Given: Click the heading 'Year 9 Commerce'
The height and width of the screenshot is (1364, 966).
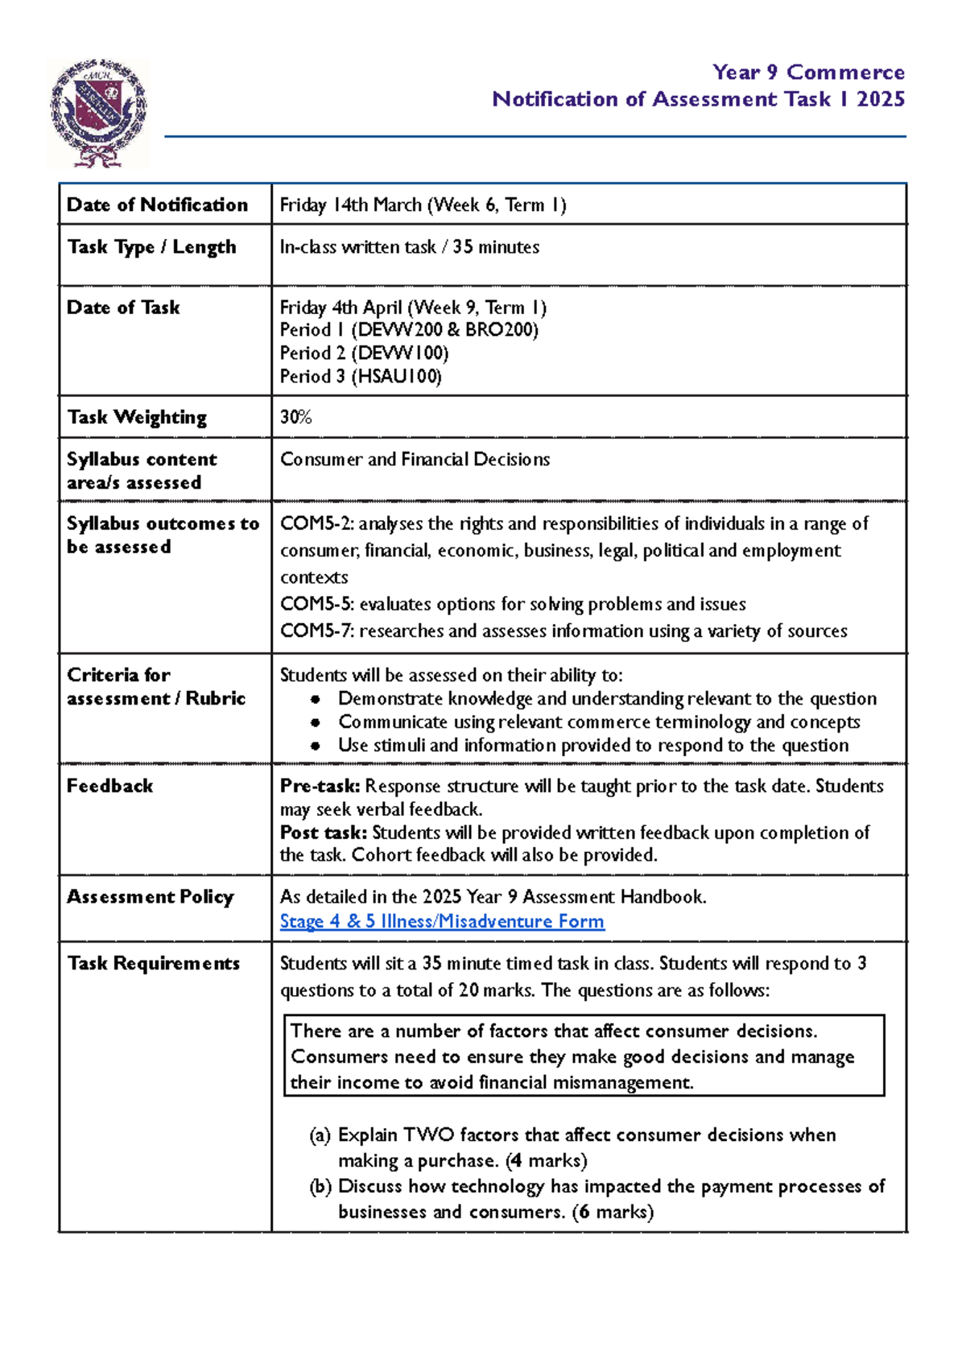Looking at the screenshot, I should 807,72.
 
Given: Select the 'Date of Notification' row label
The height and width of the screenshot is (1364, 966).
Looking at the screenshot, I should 157,205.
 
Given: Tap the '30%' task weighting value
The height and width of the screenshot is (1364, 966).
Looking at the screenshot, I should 295,417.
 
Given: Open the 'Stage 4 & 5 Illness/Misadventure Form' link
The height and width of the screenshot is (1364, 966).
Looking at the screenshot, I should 442,921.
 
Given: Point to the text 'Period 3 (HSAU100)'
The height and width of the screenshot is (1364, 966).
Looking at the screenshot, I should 361,377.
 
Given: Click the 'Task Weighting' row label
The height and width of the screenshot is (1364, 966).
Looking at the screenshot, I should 137,417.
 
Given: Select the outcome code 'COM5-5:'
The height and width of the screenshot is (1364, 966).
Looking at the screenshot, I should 316,604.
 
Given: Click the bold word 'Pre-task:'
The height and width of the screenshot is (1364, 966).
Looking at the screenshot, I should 320,787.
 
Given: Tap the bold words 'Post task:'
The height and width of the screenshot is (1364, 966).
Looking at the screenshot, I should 324,833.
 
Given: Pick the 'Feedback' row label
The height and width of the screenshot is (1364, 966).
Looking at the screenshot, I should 109,786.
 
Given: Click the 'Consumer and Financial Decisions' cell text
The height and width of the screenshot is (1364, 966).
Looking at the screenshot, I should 415,460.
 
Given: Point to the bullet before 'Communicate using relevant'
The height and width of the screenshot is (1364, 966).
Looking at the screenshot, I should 316,723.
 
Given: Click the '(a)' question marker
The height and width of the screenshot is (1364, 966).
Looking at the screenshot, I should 320,1135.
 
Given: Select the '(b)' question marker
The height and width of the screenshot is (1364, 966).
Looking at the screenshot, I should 320,1187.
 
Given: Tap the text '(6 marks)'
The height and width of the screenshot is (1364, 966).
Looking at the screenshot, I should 613,1212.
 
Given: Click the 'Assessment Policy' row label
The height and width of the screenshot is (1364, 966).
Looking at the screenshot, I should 150,897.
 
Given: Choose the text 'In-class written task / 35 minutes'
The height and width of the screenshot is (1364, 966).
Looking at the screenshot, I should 409,247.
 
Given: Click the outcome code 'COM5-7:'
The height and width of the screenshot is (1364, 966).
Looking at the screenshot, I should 316,631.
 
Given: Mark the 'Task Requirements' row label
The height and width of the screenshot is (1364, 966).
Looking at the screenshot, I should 153,964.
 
